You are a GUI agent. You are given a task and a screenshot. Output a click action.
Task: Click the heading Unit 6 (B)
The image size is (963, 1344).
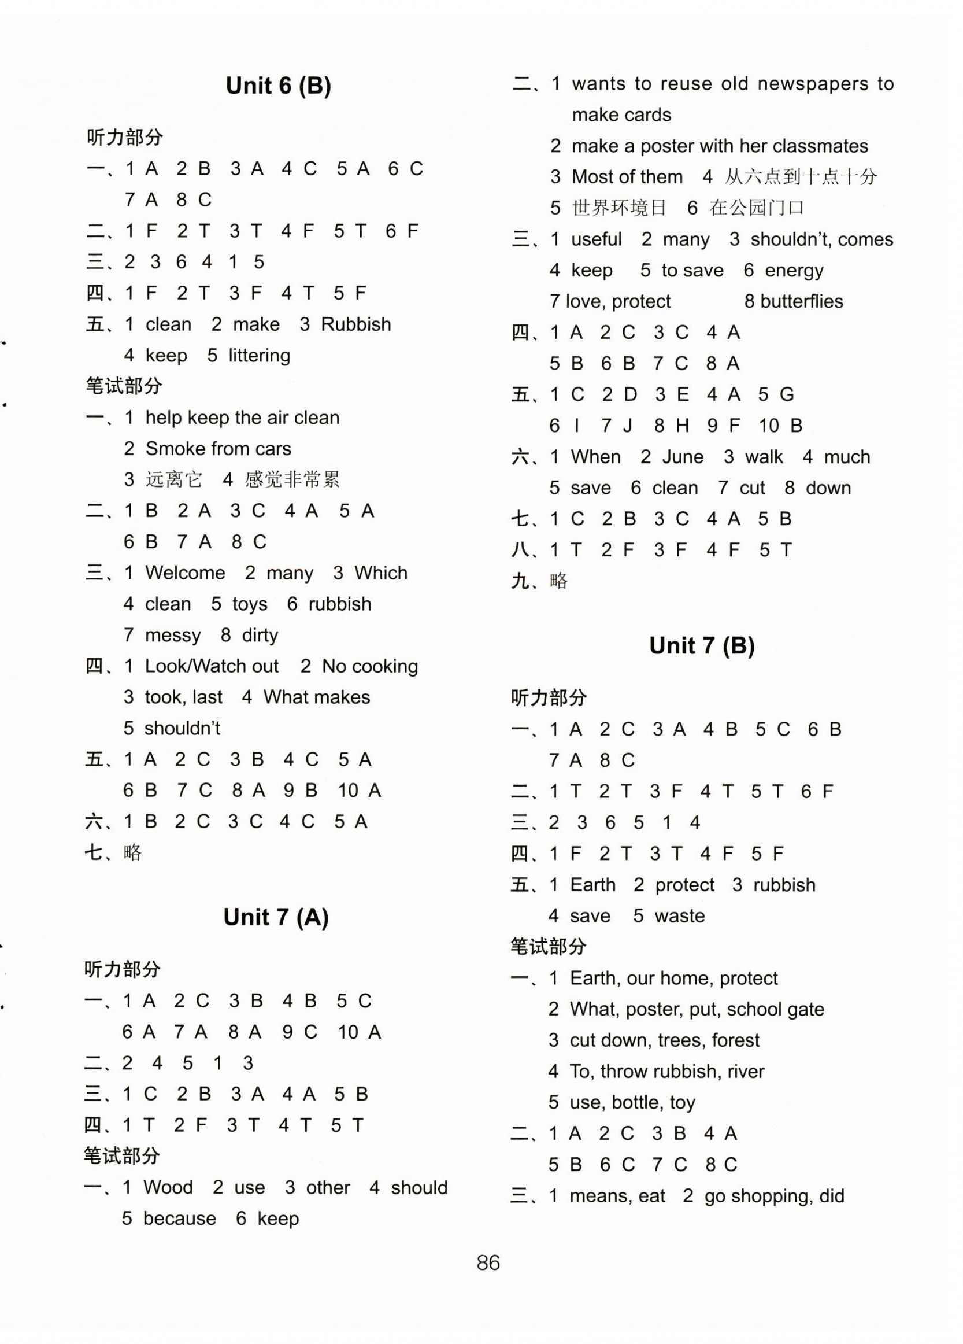click(x=278, y=87)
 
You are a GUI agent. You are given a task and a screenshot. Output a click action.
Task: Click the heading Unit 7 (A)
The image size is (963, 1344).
click(x=275, y=917)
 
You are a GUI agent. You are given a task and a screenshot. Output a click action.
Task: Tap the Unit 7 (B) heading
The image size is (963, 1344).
click(x=701, y=645)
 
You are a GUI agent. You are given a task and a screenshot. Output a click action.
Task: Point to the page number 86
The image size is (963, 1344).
click(x=488, y=1262)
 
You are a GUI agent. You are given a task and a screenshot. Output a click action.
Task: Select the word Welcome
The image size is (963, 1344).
click(x=185, y=573)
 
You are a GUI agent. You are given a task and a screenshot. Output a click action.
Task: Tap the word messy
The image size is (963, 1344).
click(x=172, y=635)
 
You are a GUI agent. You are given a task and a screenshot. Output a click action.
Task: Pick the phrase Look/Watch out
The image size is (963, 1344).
click(x=212, y=666)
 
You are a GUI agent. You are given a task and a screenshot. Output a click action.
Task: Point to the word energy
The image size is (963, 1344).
click(x=794, y=271)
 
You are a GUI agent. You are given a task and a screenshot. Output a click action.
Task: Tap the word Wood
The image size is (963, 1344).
click(x=168, y=1187)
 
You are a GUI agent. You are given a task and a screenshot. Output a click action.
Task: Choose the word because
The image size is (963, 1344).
click(x=179, y=1219)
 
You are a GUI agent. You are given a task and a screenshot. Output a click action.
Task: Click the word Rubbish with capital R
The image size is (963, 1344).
click(x=356, y=324)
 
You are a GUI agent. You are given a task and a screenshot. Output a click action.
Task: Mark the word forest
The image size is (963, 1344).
click(x=736, y=1040)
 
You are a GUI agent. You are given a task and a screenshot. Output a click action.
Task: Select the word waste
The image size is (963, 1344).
click(x=679, y=915)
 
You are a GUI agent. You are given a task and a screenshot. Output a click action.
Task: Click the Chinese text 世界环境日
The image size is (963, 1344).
click(x=619, y=208)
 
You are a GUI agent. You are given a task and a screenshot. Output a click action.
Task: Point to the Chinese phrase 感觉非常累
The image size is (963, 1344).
click(x=292, y=479)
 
